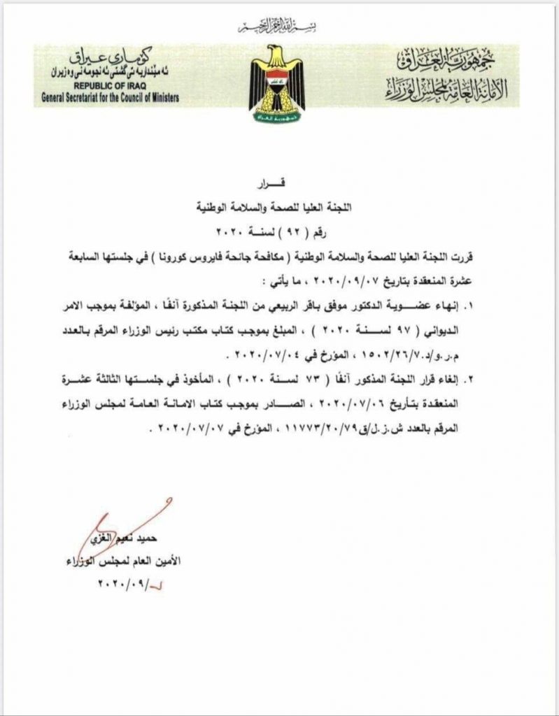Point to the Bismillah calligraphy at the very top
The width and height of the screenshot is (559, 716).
[x=278, y=29]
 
